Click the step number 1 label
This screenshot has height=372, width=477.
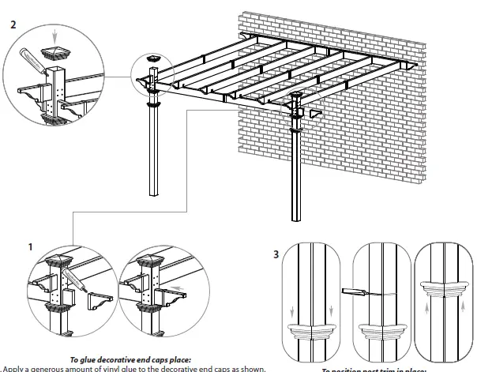(x=30, y=247)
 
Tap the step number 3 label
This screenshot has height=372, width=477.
(x=274, y=255)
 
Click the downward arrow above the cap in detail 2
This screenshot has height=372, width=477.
(x=53, y=34)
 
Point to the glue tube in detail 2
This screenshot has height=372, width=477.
(x=33, y=61)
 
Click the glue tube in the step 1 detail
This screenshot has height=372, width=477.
(x=75, y=277)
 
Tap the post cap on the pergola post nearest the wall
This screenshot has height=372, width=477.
(x=297, y=97)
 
